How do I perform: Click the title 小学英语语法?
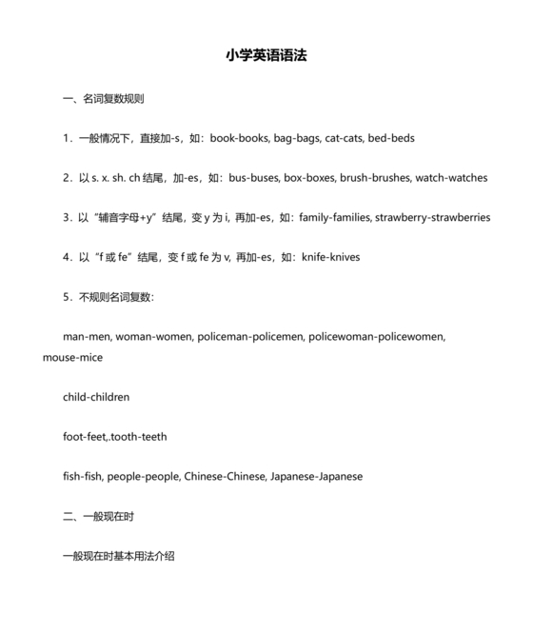tap(266, 56)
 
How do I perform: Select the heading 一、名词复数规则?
tap(103, 98)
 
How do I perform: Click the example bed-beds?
tap(391, 138)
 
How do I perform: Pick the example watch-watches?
tap(452, 178)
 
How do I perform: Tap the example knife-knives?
tap(330, 257)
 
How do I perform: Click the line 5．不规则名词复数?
tap(108, 297)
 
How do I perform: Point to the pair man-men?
tap(87, 337)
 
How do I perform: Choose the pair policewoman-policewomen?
tap(378, 337)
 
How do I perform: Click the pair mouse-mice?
tap(72, 358)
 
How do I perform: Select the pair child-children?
tap(96, 397)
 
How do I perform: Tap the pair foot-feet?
tap(85, 437)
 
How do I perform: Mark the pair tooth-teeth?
tap(140, 437)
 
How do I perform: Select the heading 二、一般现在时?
tap(98, 516)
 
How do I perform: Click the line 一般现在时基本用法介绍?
tap(118, 556)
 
